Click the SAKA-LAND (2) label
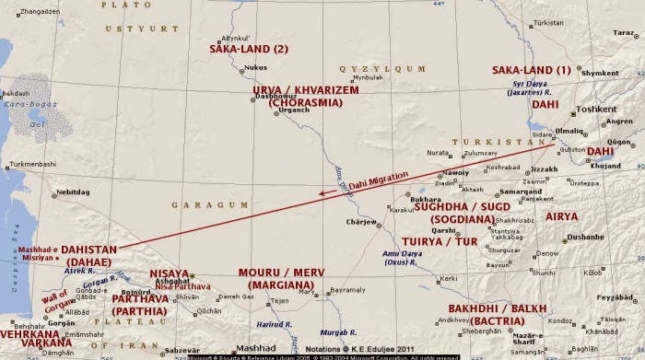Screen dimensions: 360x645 (x=250, y=48)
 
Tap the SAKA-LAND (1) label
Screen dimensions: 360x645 (x=532, y=70)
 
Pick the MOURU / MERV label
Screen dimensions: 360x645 (x=281, y=273)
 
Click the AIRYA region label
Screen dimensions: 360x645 (x=562, y=216)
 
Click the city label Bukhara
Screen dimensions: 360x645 (x=424, y=200)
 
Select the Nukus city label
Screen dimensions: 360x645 (x=255, y=67)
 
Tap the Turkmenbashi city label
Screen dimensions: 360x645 (x=32, y=165)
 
